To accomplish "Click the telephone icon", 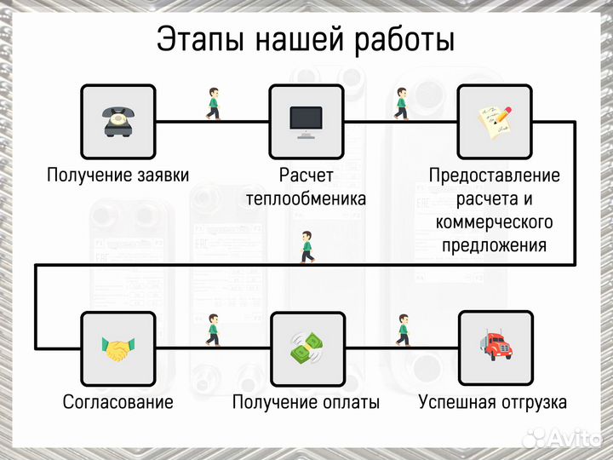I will (x=117, y=121).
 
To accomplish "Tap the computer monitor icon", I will (x=306, y=121).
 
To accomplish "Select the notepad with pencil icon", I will (x=495, y=121).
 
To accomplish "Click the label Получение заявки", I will (x=117, y=175).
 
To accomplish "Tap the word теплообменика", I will (x=306, y=199).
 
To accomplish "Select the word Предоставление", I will (x=495, y=175).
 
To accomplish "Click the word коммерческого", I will (x=495, y=222).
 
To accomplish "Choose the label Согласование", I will (x=117, y=402).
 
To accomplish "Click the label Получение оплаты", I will (x=306, y=402).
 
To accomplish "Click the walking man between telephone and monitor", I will (x=213, y=103).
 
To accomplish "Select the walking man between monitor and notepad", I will (x=400, y=103).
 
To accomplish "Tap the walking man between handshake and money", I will (x=213, y=331).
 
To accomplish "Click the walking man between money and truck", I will (x=402, y=331).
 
